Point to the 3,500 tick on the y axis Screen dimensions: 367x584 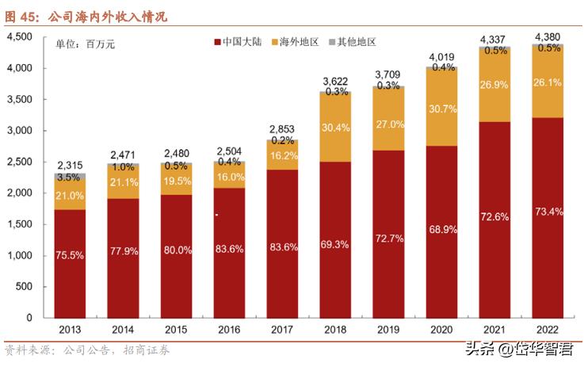click(x=19, y=100)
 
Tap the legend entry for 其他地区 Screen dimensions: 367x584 click(x=351, y=41)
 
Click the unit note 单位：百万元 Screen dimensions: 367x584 click(x=85, y=44)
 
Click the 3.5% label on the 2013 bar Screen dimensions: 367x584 click(x=71, y=177)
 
